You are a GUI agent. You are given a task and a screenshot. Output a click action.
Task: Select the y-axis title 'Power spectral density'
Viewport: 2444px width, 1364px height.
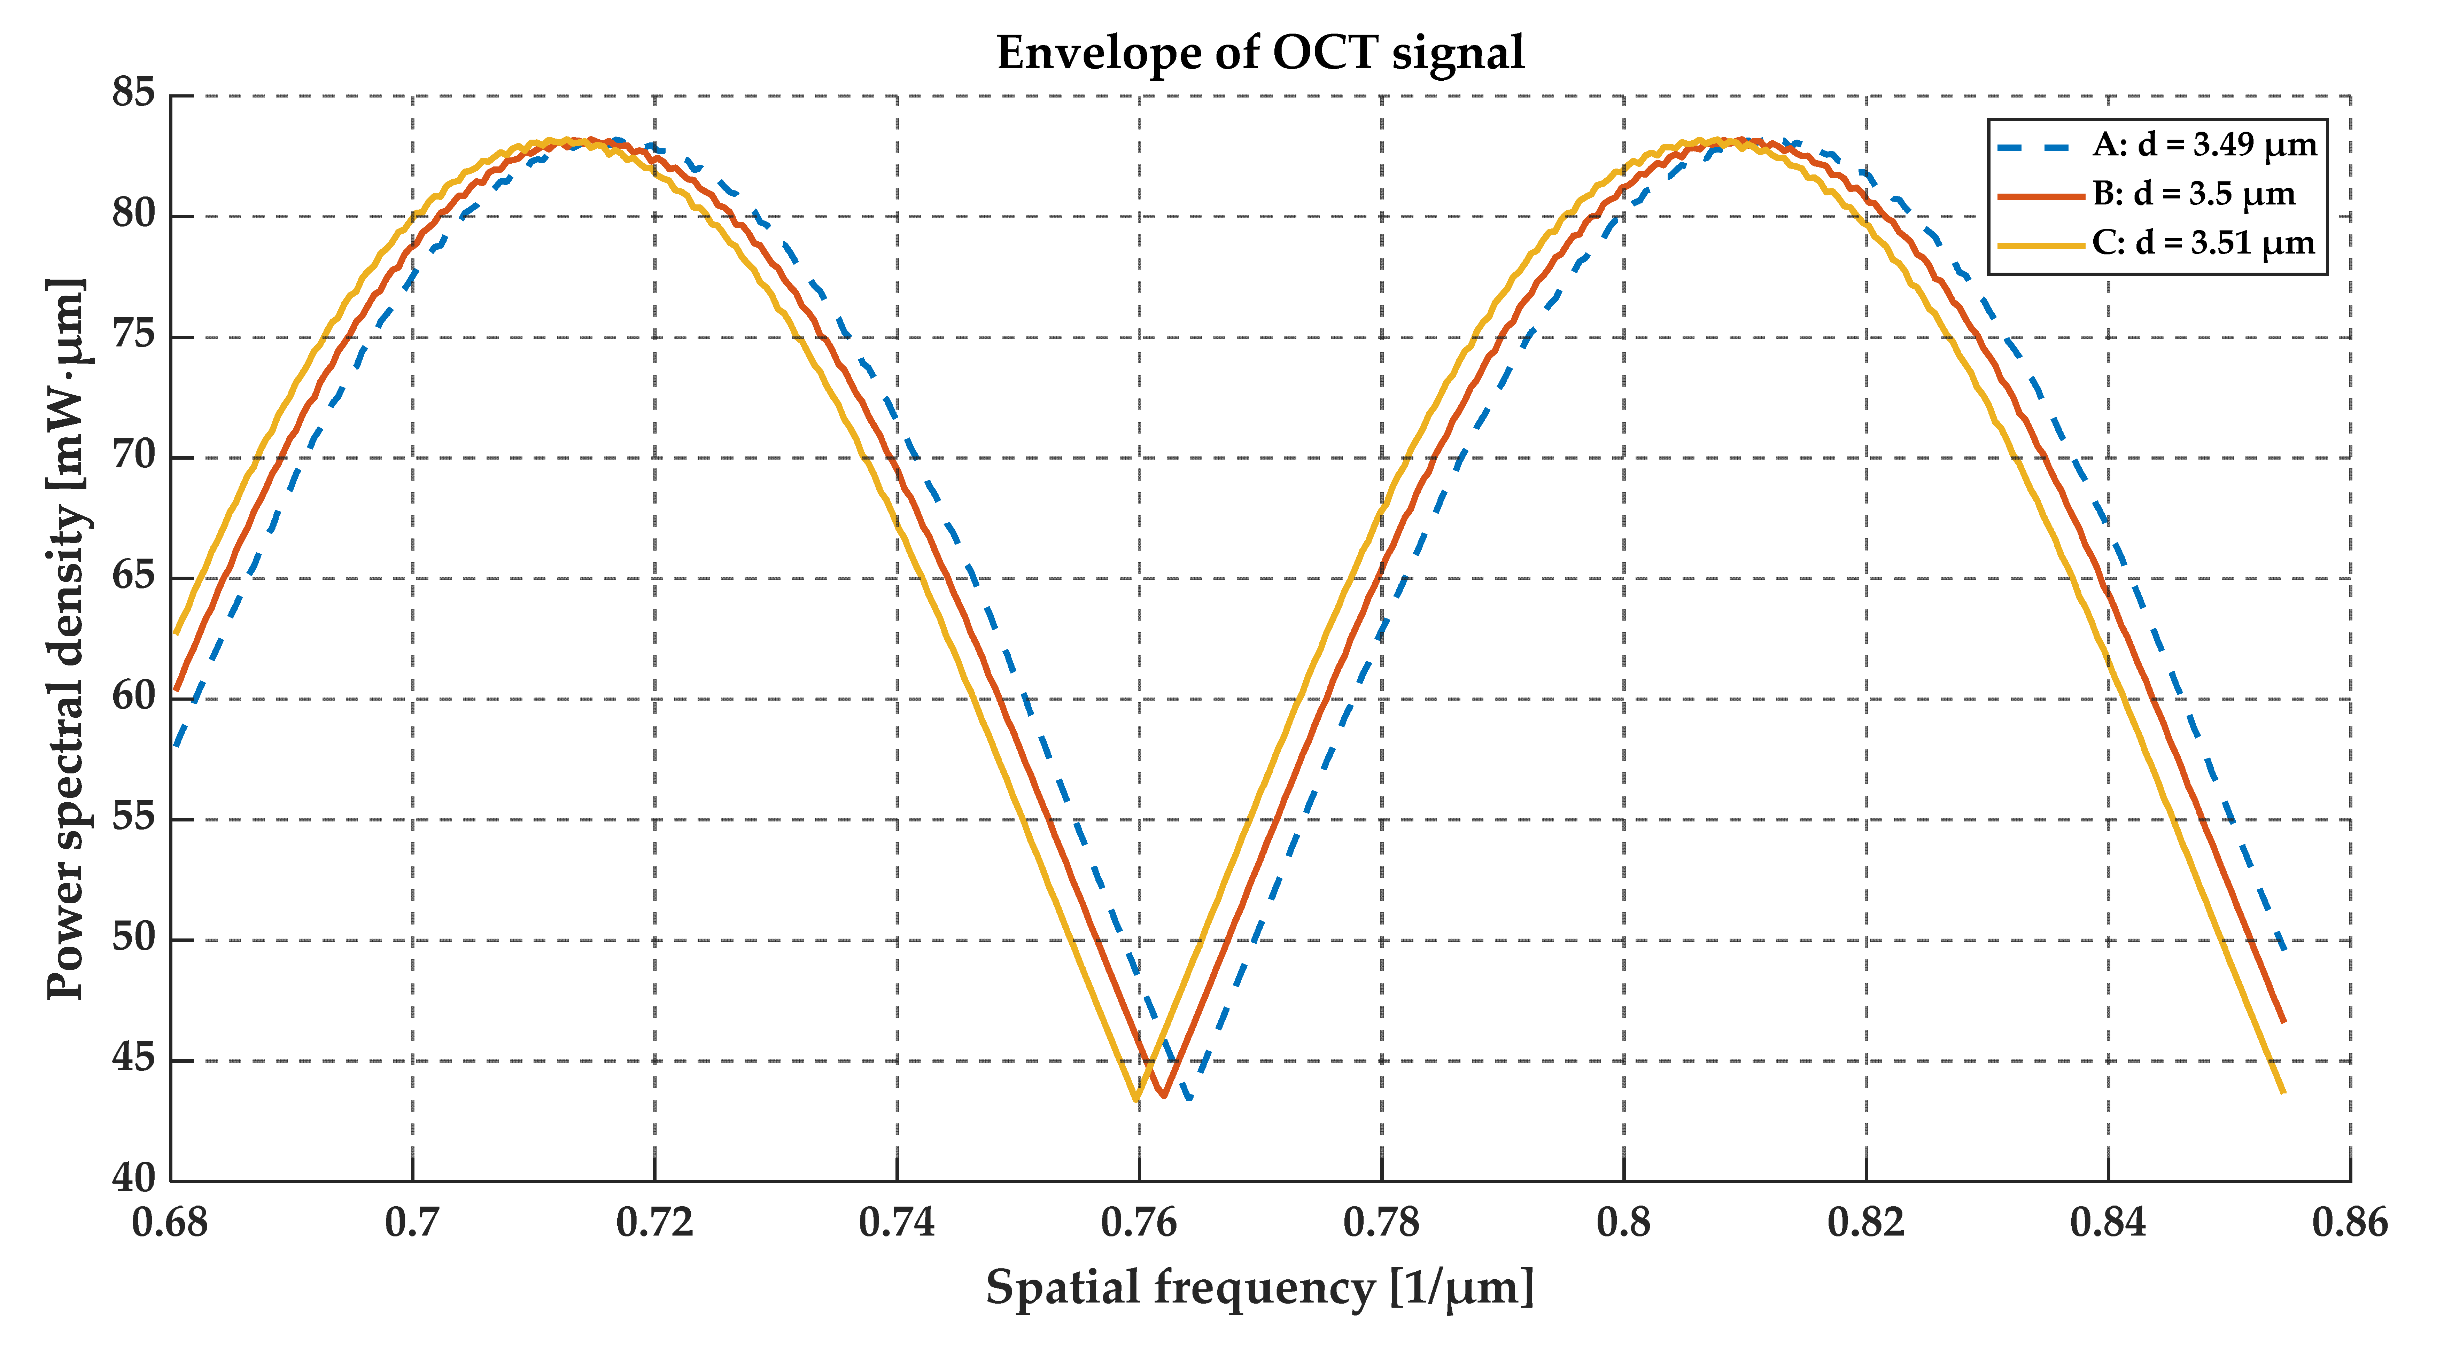(67, 637)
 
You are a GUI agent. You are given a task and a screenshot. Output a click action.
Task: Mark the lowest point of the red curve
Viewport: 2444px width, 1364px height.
(1163, 1096)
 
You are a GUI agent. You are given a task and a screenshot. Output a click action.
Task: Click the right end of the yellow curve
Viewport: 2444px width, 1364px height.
(2283, 1093)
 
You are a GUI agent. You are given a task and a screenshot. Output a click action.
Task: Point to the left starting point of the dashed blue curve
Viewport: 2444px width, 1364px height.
(176, 747)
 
